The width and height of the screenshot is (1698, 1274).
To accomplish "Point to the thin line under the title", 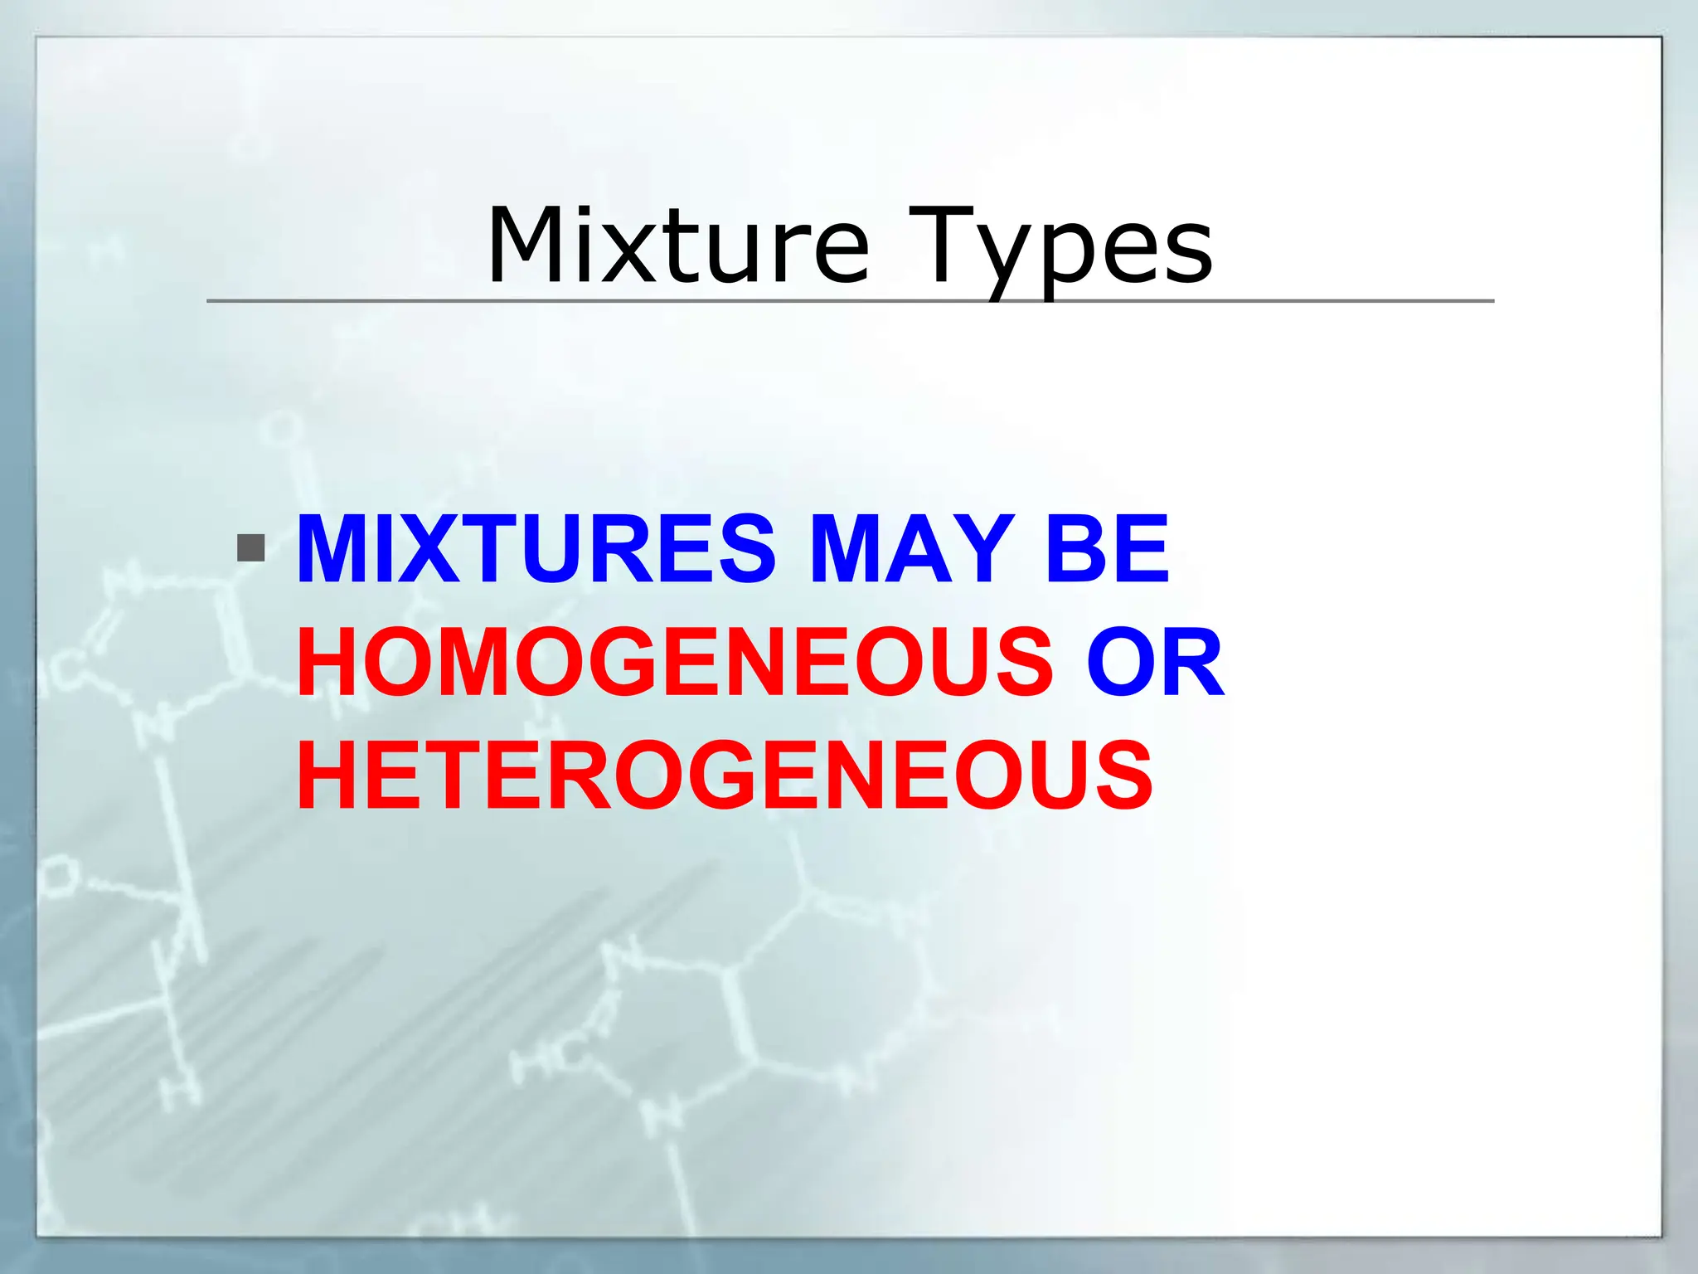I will tap(849, 301).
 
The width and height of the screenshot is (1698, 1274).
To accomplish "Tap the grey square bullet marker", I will tap(250, 548).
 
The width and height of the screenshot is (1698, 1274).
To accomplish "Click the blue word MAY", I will tap(912, 549).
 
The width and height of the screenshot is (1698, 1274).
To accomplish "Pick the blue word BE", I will tap(1107, 549).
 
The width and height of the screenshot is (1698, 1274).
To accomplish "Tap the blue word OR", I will tap(1156, 663).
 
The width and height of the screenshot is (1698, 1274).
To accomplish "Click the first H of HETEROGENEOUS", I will tap(331, 776).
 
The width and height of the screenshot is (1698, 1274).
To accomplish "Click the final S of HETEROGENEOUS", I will tap(1122, 776).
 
